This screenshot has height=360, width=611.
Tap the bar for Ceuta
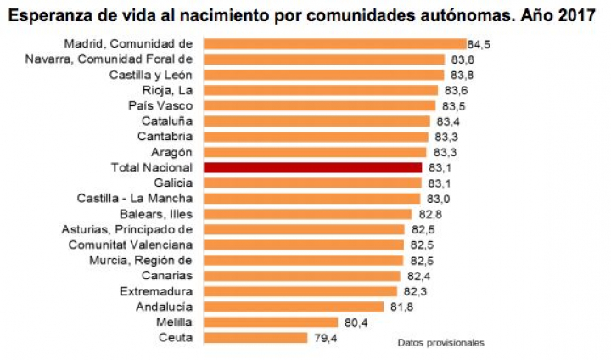tap(255, 338)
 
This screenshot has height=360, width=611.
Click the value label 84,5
tap(481, 43)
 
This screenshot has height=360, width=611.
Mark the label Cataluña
tap(166, 121)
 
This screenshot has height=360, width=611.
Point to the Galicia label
tap(173, 183)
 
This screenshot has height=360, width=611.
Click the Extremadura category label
tap(157, 291)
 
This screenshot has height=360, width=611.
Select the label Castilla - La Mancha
tap(135, 198)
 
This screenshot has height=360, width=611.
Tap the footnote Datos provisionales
tap(440, 343)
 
